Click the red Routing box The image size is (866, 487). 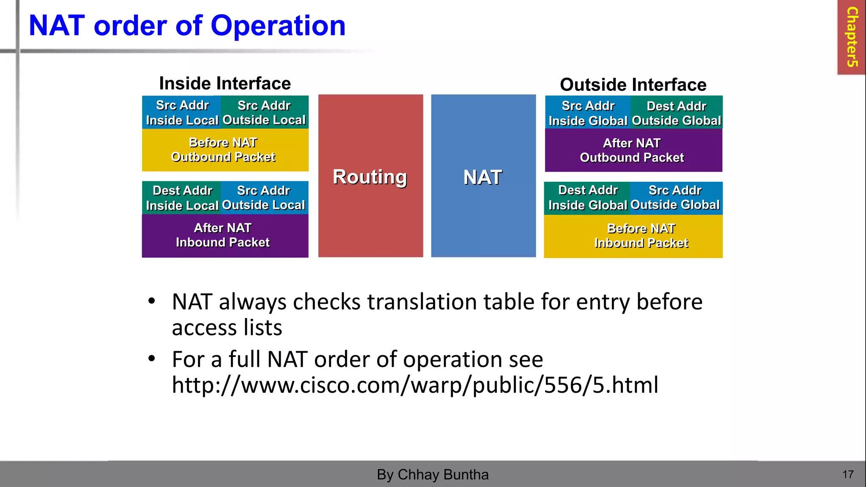370,176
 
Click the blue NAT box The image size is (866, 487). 483,176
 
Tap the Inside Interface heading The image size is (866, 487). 225,83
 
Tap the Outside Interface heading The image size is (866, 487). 633,85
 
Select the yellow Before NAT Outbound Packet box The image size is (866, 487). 225,150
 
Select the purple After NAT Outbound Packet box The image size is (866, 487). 633,150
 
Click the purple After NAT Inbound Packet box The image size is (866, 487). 225,235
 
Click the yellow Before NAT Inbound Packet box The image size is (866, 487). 633,236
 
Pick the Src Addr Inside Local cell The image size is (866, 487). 182,112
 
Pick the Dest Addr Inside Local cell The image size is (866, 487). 182,198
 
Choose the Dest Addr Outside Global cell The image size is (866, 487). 676,113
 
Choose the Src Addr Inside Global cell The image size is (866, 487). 588,113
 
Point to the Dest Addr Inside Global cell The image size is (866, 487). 587,198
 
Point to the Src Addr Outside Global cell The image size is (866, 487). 675,198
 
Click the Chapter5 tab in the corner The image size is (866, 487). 851,37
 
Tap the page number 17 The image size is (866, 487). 848,474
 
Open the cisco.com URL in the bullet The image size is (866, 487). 414,385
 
